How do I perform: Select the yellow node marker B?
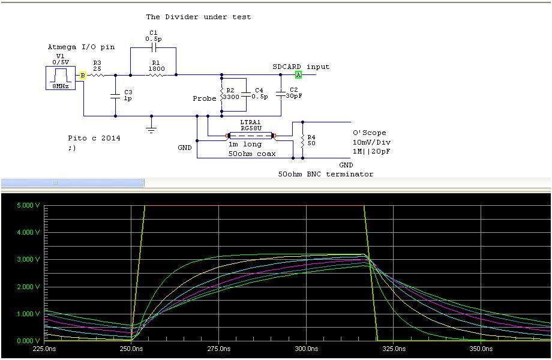[x=83, y=75]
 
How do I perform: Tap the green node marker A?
[x=298, y=75]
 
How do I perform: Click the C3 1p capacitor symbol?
[x=115, y=95]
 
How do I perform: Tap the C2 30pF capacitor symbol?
[x=280, y=93]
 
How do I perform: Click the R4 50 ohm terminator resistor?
[x=302, y=140]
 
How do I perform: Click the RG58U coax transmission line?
[x=251, y=136]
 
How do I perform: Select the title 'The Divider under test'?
[x=199, y=17]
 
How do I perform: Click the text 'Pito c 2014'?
[x=94, y=138]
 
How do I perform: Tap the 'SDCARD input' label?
[x=301, y=67]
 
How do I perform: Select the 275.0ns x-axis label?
[x=219, y=348]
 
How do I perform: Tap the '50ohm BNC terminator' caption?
[x=325, y=174]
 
